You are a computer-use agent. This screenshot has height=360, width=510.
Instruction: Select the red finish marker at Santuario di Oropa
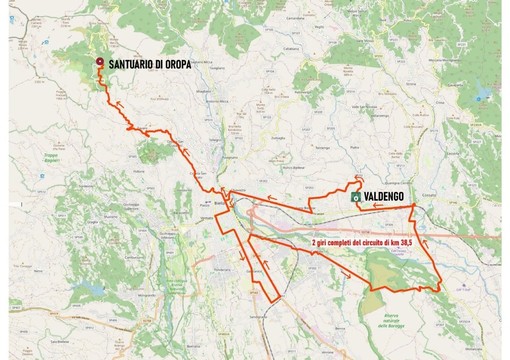point(100,65)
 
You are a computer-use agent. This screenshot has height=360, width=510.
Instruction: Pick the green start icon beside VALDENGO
point(355,198)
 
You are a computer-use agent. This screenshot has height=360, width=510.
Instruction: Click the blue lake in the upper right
point(484,96)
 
